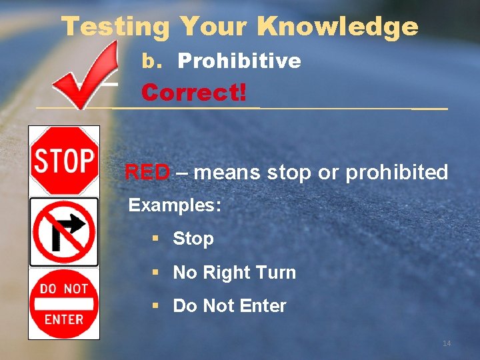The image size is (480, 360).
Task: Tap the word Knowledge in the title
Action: coord(337,27)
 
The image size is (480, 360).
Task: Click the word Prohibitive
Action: coord(239,61)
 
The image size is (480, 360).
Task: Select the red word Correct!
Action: coord(193,92)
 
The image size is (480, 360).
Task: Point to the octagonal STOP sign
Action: coord(65,160)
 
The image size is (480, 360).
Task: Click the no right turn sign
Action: coord(64,232)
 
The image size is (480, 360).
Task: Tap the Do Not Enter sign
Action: coord(64,303)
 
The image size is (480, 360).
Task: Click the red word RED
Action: coord(147,173)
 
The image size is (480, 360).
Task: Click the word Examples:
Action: coord(175,205)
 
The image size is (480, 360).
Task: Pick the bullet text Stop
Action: coord(193,239)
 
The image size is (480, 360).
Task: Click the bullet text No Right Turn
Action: coord(234,273)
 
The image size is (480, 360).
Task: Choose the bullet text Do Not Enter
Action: coord(229,306)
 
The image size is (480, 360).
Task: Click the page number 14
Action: coord(447,343)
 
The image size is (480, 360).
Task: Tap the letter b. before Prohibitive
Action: coord(152,61)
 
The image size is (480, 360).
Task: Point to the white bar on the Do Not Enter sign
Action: coord(64,303)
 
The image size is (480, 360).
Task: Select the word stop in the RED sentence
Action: coord(289,173)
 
